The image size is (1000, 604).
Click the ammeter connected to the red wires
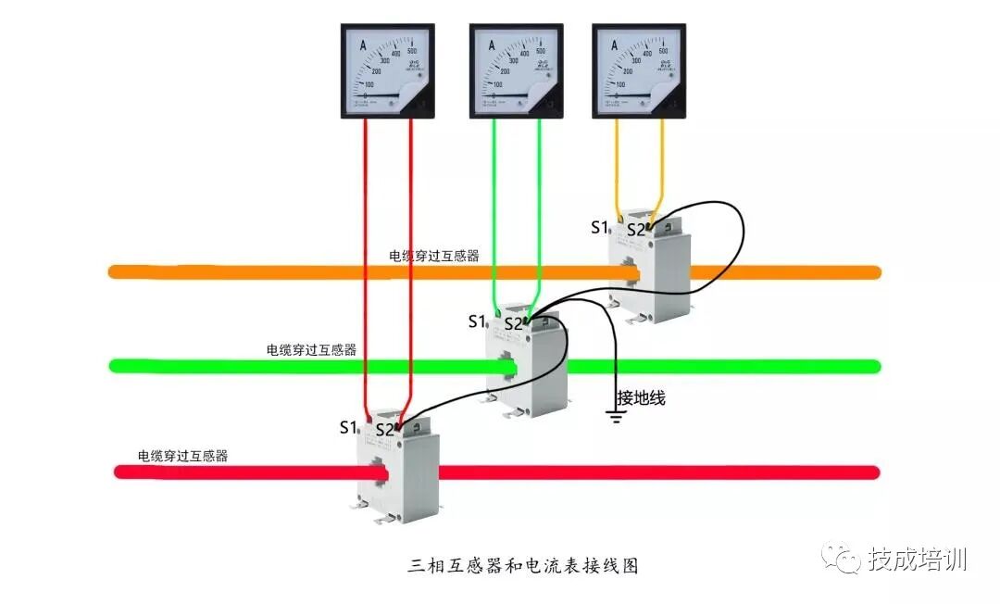pos(388,71)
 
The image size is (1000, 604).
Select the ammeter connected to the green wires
pos(516,71)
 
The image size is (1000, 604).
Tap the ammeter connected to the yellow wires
pos(639,71)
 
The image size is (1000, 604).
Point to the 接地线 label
pos(641,398)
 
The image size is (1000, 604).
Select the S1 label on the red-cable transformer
pos(348,427)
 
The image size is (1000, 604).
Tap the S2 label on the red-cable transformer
pos(384,430)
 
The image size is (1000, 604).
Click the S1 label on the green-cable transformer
pos(477,321)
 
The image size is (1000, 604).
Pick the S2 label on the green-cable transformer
pos(513,324)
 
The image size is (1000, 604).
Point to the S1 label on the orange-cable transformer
pos(600,227)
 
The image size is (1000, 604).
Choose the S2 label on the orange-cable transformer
pos(636,230)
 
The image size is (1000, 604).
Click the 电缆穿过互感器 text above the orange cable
pos(434,256)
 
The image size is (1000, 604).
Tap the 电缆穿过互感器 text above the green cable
pos(311,350)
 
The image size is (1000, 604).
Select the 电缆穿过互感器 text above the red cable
pos(182,456)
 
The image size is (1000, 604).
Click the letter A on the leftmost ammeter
pos(363,45)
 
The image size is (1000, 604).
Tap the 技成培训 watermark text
pos(917,560)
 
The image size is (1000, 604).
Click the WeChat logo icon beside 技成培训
pos(843,560)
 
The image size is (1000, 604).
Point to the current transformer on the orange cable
pos(650,269)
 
